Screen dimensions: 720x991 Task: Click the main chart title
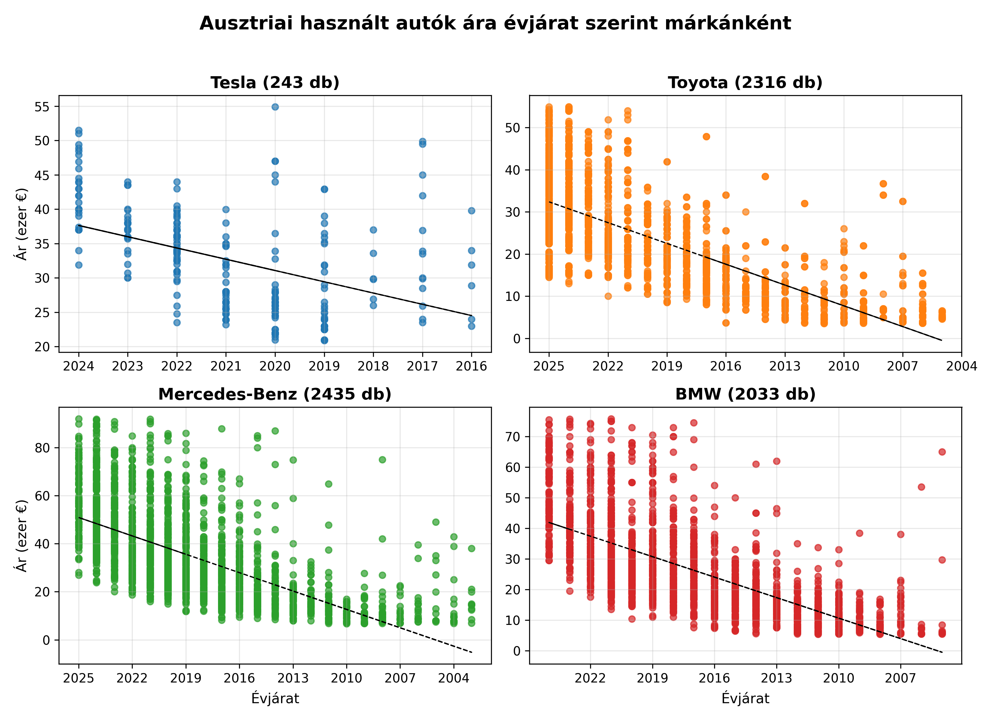pos(495,23)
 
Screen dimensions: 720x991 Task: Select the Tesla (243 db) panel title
pos(275,82)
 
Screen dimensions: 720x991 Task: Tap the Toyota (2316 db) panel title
pos(745,82)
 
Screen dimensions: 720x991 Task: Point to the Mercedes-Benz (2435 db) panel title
pos(275,394)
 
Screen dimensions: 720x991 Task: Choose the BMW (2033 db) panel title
pos(745,394)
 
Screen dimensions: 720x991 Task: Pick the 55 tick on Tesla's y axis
pos(42,106)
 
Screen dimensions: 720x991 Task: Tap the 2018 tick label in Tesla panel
pos(373,366)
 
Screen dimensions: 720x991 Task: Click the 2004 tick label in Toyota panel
pos(961,366)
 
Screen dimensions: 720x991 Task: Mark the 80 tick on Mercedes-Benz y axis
pos(42,448)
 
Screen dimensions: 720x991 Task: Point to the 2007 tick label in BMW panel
pos(901,678)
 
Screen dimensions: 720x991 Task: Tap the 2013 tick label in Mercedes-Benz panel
pos(293,678)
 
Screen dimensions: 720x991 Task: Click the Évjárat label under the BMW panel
pos(745,699)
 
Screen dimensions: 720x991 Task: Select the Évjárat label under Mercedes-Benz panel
pos(275,699)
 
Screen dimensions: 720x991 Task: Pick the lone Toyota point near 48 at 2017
pos(706,137)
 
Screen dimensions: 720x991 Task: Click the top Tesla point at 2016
pos(471,211)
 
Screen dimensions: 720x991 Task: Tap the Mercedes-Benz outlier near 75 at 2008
pos(382,460)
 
